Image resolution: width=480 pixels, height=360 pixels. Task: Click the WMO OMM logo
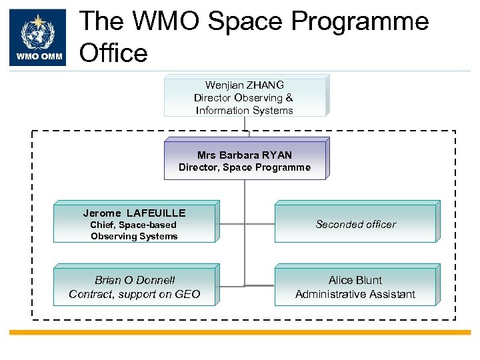pyautogui.click(x=39, y=37)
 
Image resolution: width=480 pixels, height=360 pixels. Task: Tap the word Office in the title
pyautogui.click(x=113, y=52)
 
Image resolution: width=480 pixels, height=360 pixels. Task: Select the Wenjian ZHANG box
pyautogui.click(x=244, y=97)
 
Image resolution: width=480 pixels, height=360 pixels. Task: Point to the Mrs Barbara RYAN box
pyautogui.click(x=244, y=160)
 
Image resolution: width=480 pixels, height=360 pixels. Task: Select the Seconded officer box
pyautogui.click(x=355, y=224)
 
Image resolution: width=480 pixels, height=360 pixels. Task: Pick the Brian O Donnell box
pyautogui.click(x=134, y=287)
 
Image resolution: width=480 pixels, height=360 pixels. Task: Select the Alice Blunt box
pyautogui.click(x=355, y=287)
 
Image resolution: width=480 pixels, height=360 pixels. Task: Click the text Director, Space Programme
pyautogui.click(x=244, y=167)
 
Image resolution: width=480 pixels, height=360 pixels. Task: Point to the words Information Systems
pyautogui.click(x=244, y=111)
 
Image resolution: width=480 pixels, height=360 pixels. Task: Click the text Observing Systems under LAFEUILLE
pyautogui.click(x=134, y=236)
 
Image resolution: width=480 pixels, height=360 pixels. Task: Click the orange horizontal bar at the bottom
pyautogui.click(x=240, y=332)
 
